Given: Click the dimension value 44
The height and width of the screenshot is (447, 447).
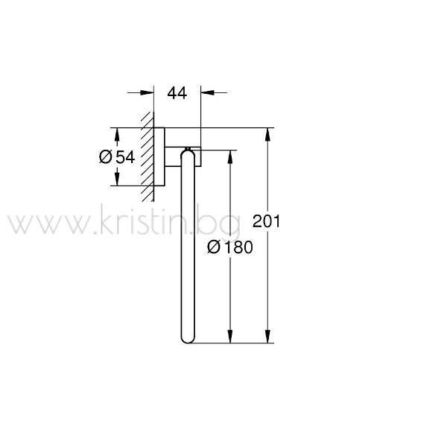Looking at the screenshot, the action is [x=177, y=93].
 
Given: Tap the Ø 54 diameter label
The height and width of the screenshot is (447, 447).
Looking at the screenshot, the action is [x=117, y=157].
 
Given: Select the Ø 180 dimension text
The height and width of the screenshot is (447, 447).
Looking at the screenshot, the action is [x=230, y=247].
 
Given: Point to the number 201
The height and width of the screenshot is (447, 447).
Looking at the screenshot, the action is [x=266, y=221].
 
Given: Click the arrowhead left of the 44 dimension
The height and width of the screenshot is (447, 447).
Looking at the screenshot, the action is [x=147, y=92].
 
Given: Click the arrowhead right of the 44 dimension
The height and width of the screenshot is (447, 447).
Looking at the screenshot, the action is [x=208, y=92].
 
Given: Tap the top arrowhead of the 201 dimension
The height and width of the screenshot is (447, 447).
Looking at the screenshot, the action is [x=267, y=135].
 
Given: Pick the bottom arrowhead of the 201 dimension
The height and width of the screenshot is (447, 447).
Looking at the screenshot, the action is [x=267, y=336].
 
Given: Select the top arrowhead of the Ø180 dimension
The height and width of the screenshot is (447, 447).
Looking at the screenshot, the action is [x=230, y=156].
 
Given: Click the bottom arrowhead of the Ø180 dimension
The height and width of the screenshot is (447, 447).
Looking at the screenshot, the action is [x=230, y=336].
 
